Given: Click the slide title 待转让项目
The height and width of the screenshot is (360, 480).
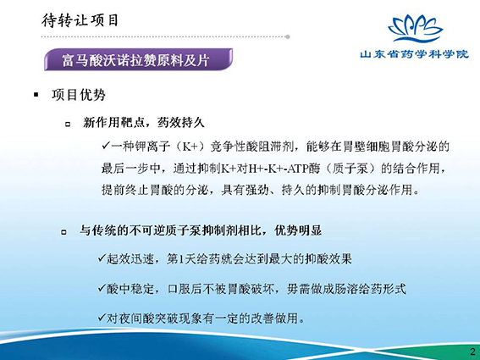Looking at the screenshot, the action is pyautogui.click(x=80, y=20).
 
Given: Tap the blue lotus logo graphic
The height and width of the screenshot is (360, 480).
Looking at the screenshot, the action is pyautogui.click(x=415, y=29).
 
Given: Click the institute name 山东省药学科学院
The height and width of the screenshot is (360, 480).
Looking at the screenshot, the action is pyautogui.click(x=414, y=54).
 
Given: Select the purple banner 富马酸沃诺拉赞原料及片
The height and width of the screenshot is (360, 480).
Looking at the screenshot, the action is pyautogui.click(x=138, y=60).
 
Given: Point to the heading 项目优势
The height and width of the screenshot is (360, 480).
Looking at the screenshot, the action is pyautogui.click(x=79, y=95).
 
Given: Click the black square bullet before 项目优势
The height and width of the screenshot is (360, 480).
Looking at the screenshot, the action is pyautogui.click(x=36, y=95).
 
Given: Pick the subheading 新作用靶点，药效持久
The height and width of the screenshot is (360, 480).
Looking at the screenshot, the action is pyautogui.click(x=144, y=123).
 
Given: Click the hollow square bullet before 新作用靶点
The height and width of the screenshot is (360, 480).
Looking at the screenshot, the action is pyautogui.click(x=68, y=124).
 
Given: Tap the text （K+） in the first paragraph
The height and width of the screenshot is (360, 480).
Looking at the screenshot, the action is pyautogui.click(x=190, y=147).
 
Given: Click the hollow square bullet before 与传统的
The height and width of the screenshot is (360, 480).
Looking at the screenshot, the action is pyautogui.click(x=63, y=232).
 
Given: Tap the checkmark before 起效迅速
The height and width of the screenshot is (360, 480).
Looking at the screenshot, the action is pyautogui.click(x=102, y=258).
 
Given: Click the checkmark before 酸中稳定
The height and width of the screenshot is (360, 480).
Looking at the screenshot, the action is pyautogui.click(x=102, y=288).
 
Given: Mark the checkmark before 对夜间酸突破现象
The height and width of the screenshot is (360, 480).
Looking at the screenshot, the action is pyautogui.click(x=102, y=318).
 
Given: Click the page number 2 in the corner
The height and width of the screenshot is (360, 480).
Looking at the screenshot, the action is pyautogui.click(x=473, y=352).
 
